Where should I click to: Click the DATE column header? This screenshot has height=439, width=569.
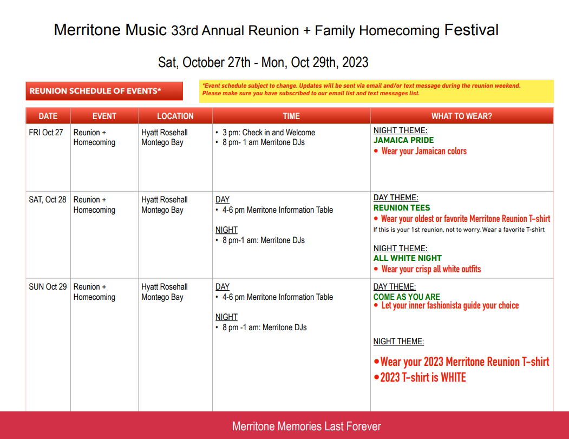pos(48,116)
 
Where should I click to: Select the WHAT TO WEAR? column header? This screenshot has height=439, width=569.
pos(462,116)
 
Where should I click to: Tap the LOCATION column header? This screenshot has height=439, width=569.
pos(175,116)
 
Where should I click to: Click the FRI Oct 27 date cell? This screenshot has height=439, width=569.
pos(46,133)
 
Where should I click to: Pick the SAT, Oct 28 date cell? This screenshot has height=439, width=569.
pos(48,200)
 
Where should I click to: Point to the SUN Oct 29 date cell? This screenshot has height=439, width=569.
pos(48,286)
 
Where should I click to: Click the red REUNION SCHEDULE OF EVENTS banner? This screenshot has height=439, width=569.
pos(104,91)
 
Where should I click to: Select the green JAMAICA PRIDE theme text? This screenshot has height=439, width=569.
pos(403,140)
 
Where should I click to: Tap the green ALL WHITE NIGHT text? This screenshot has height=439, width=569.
pos(408,258)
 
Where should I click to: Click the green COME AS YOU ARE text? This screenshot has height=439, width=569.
pos(407,297)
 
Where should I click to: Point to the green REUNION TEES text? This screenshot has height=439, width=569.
pos(402,207)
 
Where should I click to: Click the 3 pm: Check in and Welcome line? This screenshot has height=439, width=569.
pos(269,133)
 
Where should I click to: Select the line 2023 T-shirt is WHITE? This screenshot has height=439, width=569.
pos(423,377)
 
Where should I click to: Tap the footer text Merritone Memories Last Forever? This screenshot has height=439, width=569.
pos(306,426)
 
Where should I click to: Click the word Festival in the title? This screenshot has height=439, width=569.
pos(472,30)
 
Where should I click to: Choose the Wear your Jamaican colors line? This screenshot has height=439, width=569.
pos(424,151)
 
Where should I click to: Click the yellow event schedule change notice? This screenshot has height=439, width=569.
pos(376,91)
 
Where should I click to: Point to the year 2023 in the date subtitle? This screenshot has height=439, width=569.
pos(355,62)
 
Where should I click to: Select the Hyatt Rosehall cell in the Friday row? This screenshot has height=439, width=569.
pos(165,137)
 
